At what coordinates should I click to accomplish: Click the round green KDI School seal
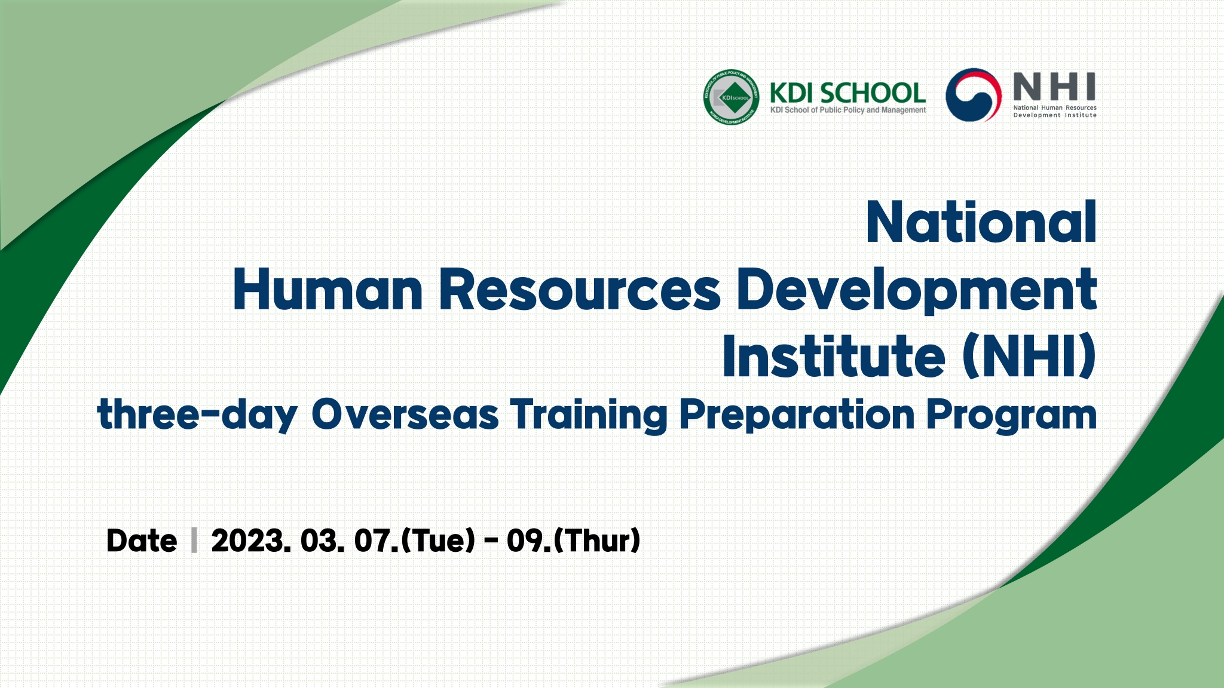pos(731,97)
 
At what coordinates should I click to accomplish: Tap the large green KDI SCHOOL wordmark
pos(847,93)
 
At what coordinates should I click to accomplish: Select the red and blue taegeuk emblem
pos(974,94)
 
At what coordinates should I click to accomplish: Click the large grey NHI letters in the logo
pos(1054,87)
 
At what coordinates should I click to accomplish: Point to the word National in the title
pos(981,222)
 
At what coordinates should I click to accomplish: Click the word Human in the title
pos(328,289)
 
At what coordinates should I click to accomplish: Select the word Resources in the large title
pos(580,289)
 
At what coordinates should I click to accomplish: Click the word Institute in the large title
pos(834,356)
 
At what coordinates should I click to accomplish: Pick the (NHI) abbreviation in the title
pos(1030,357)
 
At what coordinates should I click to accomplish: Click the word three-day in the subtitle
pos(197,414)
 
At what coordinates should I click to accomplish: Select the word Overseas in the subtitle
pos(405,414)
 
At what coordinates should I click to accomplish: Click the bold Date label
pos(142,540)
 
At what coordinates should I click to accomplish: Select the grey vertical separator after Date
pos(194,540)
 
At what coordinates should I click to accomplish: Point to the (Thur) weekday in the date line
pos(598,540)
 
